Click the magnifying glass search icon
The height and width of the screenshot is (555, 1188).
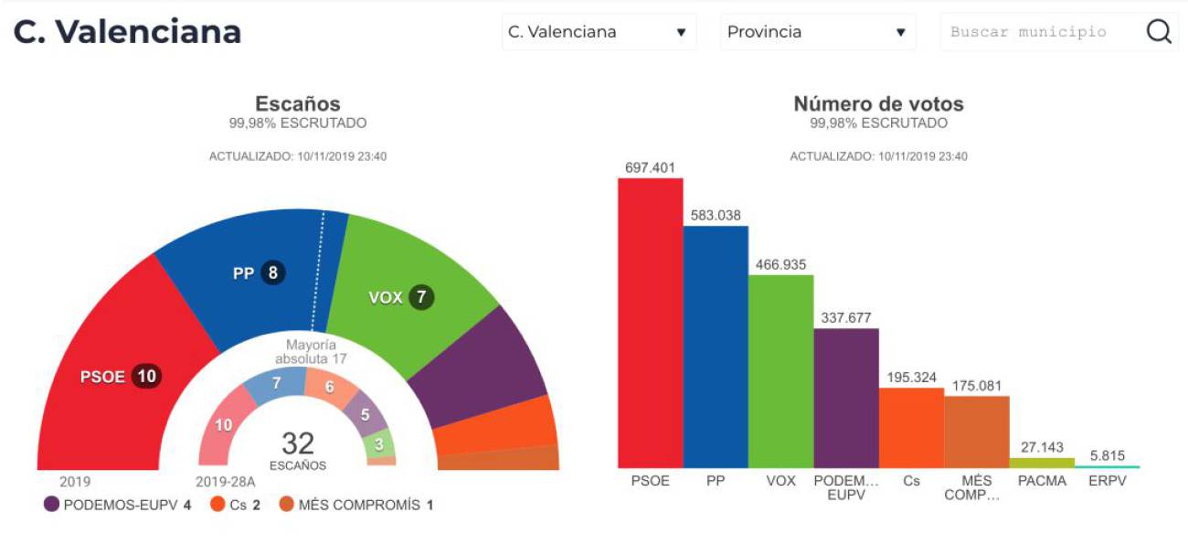point(1159,32)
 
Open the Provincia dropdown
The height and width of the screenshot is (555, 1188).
point(817,32)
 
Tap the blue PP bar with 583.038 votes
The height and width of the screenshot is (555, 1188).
point(716,347)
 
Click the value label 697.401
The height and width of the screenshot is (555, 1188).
point(650,167)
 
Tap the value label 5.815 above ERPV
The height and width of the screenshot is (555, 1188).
point(1107,454)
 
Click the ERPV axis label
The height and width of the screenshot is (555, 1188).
point(1107,481)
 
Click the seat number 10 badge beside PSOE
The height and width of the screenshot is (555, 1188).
point(146,376)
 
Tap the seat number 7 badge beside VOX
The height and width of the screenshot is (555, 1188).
point(421,297)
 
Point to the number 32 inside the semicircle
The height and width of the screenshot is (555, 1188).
point(298,444)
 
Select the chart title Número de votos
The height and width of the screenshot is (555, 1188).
point(877,104)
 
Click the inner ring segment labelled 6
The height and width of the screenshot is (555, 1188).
point(329,387)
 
